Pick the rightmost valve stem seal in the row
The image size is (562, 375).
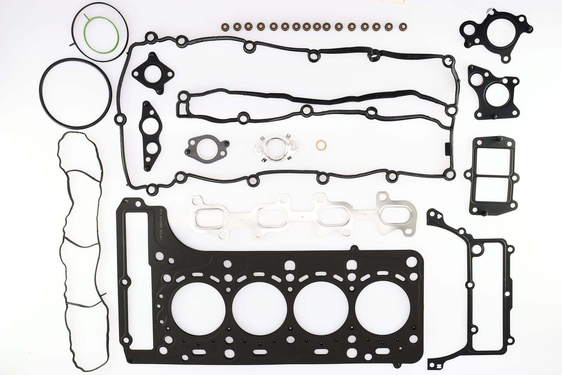tap(403, 26)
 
